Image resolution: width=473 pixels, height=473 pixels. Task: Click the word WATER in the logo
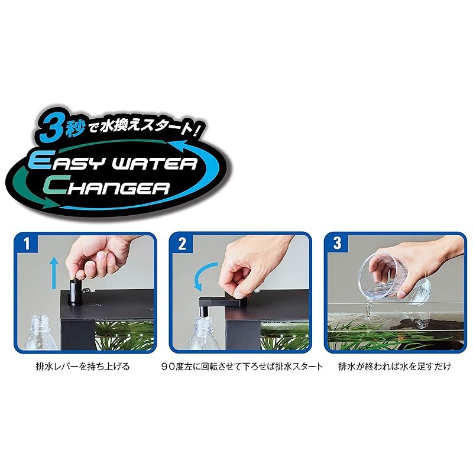point(154,163)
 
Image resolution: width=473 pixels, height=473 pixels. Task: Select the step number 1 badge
point(27,244)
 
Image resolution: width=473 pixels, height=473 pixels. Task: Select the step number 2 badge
point(182,244)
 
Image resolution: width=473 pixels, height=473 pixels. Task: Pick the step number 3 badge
point(337,244)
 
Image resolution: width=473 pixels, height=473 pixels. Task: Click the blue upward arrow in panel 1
point(54,273)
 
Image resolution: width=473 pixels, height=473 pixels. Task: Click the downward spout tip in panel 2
point(202,312)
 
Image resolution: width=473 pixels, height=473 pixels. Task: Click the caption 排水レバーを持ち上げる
point(83,367)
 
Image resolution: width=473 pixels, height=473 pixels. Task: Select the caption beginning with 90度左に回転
point(242,367)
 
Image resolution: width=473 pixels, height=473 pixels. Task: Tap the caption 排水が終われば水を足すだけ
point(395,367)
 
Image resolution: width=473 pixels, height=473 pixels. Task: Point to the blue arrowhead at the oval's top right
point(180,146)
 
